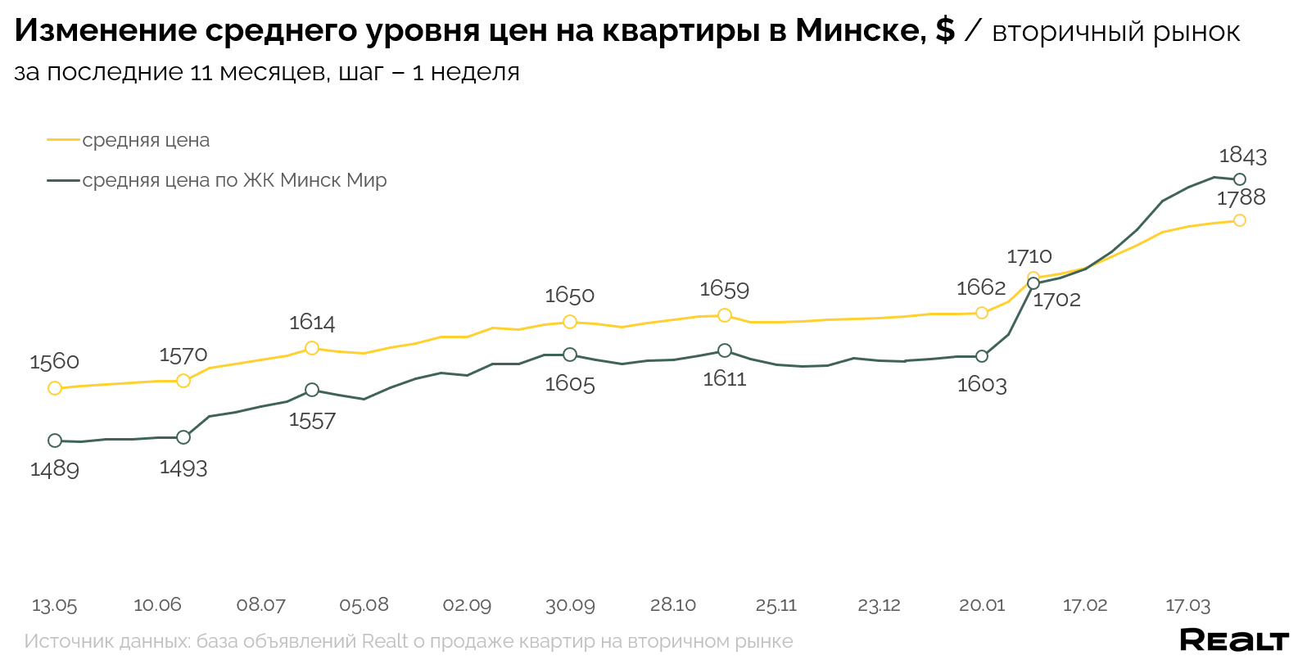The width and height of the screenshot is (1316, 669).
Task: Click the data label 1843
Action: [x=1242, y=156]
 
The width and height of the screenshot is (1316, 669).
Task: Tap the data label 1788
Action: [x=1241, y=197]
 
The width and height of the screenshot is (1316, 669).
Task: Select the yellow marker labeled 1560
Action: [x=55, y=388]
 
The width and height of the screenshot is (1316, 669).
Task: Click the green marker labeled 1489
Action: [x=55, y=441]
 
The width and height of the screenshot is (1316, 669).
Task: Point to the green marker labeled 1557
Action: [x=312, y=390]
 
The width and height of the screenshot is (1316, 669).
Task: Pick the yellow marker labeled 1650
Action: [x=570, y=322]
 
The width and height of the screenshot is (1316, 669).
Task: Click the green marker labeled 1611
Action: [x=725, y=350]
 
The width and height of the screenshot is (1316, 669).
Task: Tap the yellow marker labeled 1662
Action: [x=982, y=313]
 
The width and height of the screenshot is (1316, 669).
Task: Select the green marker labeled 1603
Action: [x=982, y=356]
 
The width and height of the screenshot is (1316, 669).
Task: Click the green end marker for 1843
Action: [x=1240, y=179]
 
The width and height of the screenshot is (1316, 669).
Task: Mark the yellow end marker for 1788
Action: [x=1240, y=220]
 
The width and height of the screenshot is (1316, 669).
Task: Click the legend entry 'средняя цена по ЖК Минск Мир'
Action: [x=234, y=180]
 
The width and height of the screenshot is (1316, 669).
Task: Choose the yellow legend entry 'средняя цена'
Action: [x=146, y=140]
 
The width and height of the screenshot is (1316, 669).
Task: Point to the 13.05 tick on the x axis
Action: [x=54, y=605]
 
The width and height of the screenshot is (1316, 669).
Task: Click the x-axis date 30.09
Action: [x=570, y=605]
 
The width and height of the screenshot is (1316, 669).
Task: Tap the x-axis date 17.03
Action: [x=1187, y=605]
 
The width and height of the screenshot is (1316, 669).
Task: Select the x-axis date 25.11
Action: [x=776, y=605]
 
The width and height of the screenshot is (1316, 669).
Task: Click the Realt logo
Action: [x=1234, y=640]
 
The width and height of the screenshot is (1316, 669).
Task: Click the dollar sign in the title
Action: [x=944, y=31]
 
